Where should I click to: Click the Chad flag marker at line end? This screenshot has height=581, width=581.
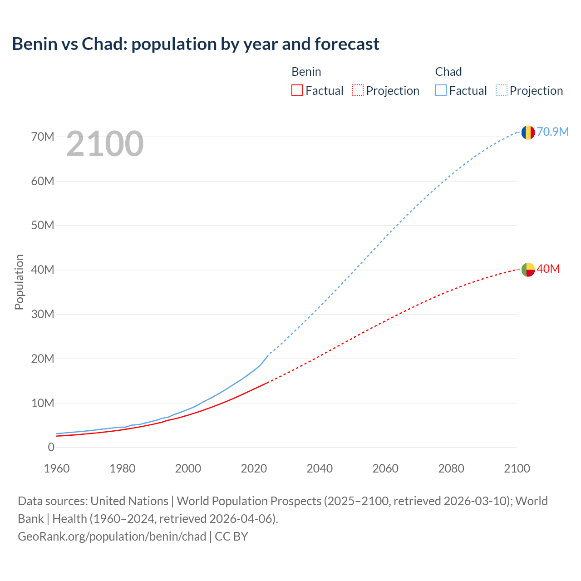tap(528, 133)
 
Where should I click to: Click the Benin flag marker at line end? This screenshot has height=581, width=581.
tap(528, 270)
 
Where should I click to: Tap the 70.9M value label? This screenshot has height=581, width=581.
tap(553, 132)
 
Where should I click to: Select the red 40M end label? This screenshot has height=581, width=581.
tap(548, 269)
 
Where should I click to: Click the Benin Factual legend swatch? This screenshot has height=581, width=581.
tap(297, 91)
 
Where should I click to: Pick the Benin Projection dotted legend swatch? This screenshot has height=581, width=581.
tap(358, 91)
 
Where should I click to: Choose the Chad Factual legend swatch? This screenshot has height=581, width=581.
tap(441, 91)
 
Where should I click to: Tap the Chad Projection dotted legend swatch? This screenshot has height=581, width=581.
tap(502, 91)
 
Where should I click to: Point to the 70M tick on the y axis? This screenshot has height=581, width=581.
tap(43, 137)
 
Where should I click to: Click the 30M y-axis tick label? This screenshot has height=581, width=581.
tap(43, 314)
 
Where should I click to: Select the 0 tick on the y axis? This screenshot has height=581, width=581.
tap(51, 447)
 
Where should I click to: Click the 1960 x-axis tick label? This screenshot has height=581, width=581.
tap(57, 468)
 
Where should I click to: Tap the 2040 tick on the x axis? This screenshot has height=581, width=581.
tap(320, 468)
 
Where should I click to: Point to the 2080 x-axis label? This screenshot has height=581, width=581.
tap(451, 468)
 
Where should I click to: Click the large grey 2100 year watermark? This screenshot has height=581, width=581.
tap(105, 144)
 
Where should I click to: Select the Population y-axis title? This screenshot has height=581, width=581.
tap(19, 282)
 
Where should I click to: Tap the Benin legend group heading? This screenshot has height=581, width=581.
tap(306, 72)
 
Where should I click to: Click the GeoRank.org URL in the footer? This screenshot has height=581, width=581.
tap(112, 537)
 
